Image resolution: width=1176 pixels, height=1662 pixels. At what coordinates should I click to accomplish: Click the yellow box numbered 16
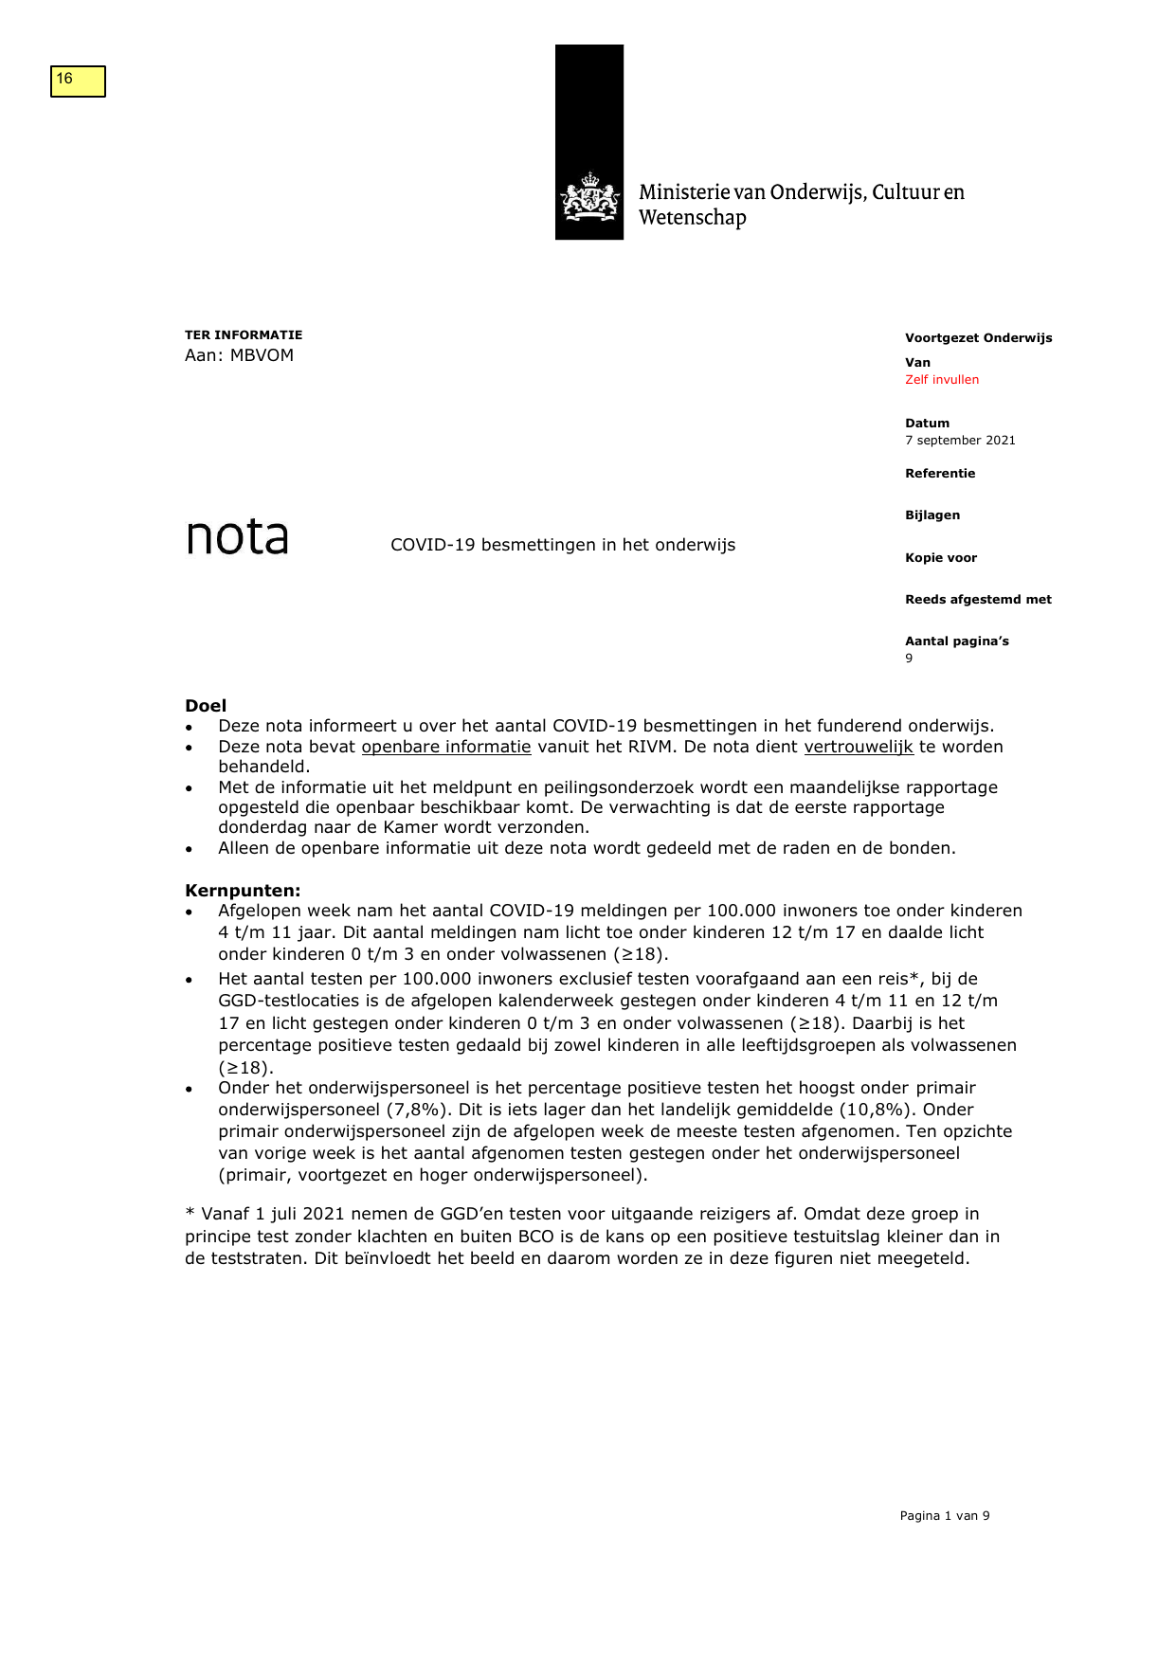pyautogui.click(x=78, y=81)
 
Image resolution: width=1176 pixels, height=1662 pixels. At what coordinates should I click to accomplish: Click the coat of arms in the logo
pyautogui.click(x=589, y=197)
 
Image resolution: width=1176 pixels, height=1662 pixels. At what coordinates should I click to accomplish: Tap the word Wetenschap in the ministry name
pyautogui.click(x=693, y=218)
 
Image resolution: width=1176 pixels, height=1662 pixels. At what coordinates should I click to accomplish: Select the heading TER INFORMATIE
pyautogui.click(x=244, y=335)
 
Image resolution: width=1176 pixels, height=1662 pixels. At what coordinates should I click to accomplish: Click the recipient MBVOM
pyautogui.click(x=262, y=355)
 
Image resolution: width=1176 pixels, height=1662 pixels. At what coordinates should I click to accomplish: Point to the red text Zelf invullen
pyautogui.click(x=941, y=380)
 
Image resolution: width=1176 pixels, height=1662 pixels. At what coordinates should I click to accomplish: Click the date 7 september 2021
pyautogui.click(x=959, y=441)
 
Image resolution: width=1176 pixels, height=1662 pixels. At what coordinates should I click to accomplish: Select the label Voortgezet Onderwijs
pyautogui.click(x=978, y=338)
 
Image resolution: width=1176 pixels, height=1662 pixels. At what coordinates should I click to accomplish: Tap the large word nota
pyautogui.click(x=237, y=537)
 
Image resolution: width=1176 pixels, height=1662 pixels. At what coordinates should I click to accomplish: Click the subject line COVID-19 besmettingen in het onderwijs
pyautogui.click(x=563, y=545)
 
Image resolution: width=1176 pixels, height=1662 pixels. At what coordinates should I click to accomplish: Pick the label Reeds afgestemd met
pyautogui.click(x=977, y=600)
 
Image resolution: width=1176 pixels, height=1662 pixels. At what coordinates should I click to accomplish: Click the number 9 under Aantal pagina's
pyautogui.click(x=909, y=659)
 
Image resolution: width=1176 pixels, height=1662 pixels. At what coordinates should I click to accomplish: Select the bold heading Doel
pyautogui.click(x=206, y=706)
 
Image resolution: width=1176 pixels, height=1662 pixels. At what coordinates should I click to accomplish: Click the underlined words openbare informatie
pyautogui.click(x=446, y=747)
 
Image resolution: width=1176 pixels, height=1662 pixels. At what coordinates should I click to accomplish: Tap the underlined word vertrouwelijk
pyautogui.click(x=859, y=747)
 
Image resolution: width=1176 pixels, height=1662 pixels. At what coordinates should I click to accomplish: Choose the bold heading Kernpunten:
pyautogui.click(x=243, y=891)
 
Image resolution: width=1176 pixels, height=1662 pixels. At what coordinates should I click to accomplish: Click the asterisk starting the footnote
pyautogui.click(x=190, y=1213)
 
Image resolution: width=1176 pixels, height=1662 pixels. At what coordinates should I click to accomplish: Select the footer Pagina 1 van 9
pyautogui.click(x=944, y=1516)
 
